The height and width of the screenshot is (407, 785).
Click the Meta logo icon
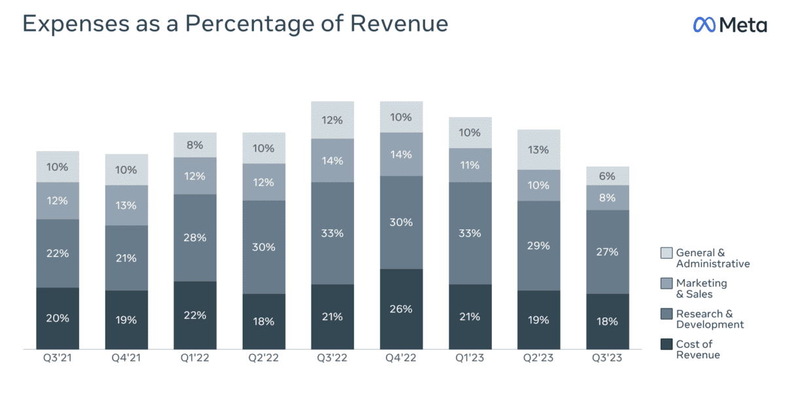tap(704, 24)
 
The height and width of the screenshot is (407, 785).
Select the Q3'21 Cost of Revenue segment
tap(58, 318)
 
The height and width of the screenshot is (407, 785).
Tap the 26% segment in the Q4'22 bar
tap(401, 308)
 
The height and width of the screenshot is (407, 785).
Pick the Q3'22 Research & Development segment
tap(332, 233)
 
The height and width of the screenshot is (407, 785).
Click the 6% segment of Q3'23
tap(607, 176)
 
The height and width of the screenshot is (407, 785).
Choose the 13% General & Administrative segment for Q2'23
tap(538, 150)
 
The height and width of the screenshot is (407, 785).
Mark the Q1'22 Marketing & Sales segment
tap(195, 176)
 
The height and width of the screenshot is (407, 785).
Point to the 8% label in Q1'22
tap(195, 145)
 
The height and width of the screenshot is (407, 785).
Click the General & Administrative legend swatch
tap(667, 253)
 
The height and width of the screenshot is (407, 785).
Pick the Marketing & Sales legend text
tap(701, 288)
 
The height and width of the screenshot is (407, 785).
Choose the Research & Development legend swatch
tap(667, 314)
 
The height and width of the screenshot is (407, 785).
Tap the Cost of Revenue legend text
tap(698, 350)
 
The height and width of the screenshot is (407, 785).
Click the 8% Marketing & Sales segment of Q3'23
tap(607, 197)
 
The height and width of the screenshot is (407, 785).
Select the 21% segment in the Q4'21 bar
tap(126, 258)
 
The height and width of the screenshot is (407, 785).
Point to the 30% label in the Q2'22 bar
tap(264, 247)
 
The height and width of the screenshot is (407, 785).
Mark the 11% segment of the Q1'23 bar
tap(470, 165)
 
